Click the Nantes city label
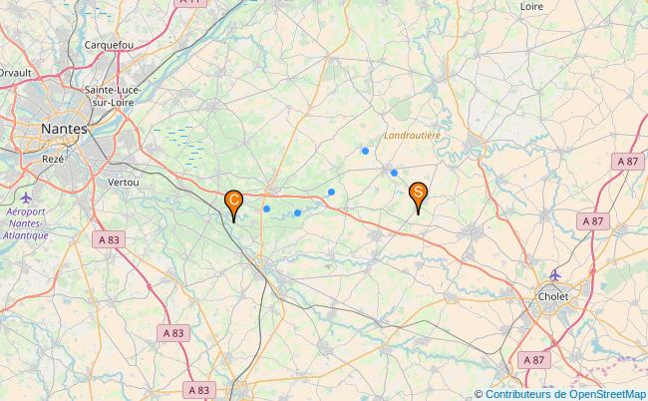tap(64, 129)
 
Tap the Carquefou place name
tap(109, 45)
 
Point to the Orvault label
tap(15, 72)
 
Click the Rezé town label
tap(53, 159)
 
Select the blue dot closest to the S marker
tap(395, 173)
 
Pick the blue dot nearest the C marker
tap(266, 208)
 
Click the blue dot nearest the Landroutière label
tap(366, 151)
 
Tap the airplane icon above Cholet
tap(556, 275)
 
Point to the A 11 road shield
tap(190, 3)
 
